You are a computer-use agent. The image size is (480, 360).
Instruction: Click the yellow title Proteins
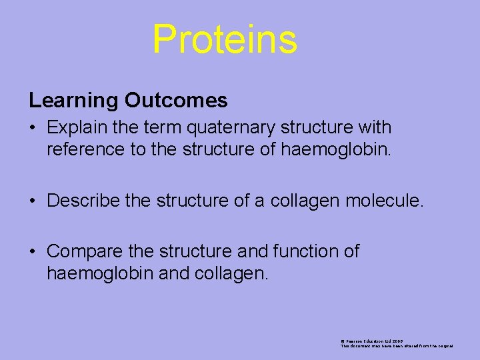coord(225,39)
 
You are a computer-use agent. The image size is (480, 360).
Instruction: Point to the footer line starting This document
coord(397,346)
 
